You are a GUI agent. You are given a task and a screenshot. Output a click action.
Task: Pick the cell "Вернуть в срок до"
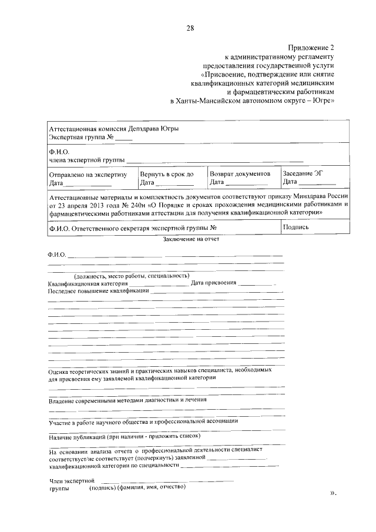pos(167,174)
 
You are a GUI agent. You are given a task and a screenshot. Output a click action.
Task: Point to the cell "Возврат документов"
pos(240,174)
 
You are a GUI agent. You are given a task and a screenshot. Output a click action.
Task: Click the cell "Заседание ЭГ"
pos(303,174)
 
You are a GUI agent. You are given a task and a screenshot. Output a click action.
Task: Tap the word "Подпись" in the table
pos(296,227)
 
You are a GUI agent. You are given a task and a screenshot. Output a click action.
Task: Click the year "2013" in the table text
pos(89,205)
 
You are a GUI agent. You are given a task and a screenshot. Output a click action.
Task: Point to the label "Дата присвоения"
pos(213,283)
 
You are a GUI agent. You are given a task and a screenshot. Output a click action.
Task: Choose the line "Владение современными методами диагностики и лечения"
pos(127,400)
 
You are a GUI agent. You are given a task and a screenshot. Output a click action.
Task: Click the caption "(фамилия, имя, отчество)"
pos(152,487)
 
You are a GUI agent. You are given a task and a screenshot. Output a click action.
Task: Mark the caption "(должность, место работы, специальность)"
pos(132,276)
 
